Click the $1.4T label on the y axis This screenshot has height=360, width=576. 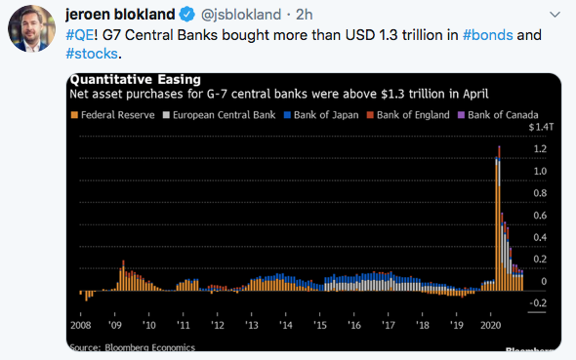pos(539,127)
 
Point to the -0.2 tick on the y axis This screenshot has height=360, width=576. pos(538,303)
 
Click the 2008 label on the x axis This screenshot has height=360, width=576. pos(81,324)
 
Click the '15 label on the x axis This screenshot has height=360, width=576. pos(319,324)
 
